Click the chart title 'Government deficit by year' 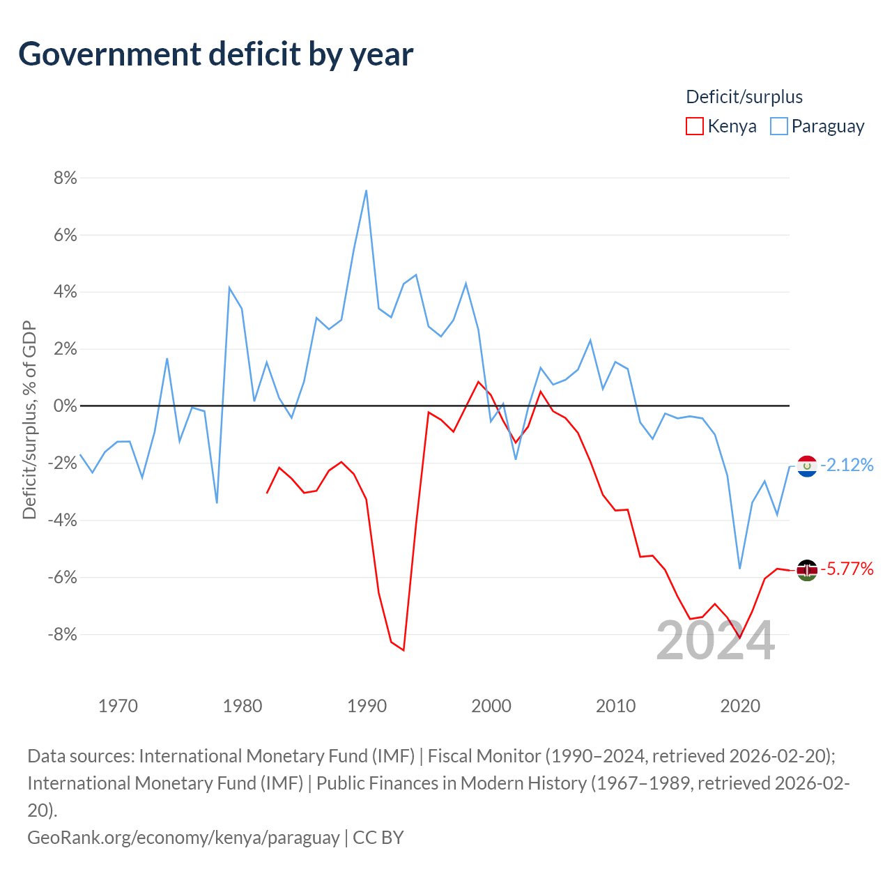click(216, 54)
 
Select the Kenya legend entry click(722, 126)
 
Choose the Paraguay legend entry click(817, 126)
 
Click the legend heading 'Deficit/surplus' click(744, 97)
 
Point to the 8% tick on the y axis click(65, 178)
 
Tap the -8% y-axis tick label click(62, 634)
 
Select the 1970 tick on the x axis click(118, 706)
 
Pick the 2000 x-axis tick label click(491, 706)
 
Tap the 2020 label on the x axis click(740, 706)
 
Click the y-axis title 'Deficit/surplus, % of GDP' click(29, 420)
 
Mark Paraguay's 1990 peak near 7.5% click(367, 190)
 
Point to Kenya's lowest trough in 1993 click(403, 650)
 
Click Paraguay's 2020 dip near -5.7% click(740, 569)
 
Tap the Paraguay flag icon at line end click(807, 466)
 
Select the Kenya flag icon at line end click(807, 570)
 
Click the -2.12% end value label click(847, 465)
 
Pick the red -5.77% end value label click(847, 569)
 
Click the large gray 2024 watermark click(715, 640)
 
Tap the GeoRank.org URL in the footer click(183, 837)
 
